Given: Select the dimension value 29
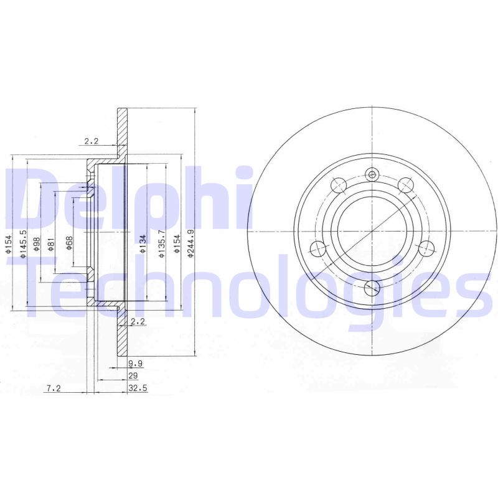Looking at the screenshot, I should pyautogui.click(x=132, y=375).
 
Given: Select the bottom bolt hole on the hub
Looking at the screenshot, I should pyautogui.click(x=372, y=287).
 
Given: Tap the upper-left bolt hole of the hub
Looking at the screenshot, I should pyautogui.click(x=339, y=185).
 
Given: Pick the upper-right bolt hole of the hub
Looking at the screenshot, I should pyautogui.click(x=406, y=185).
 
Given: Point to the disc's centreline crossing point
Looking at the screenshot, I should pyautogui.click(x=372, y=232).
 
